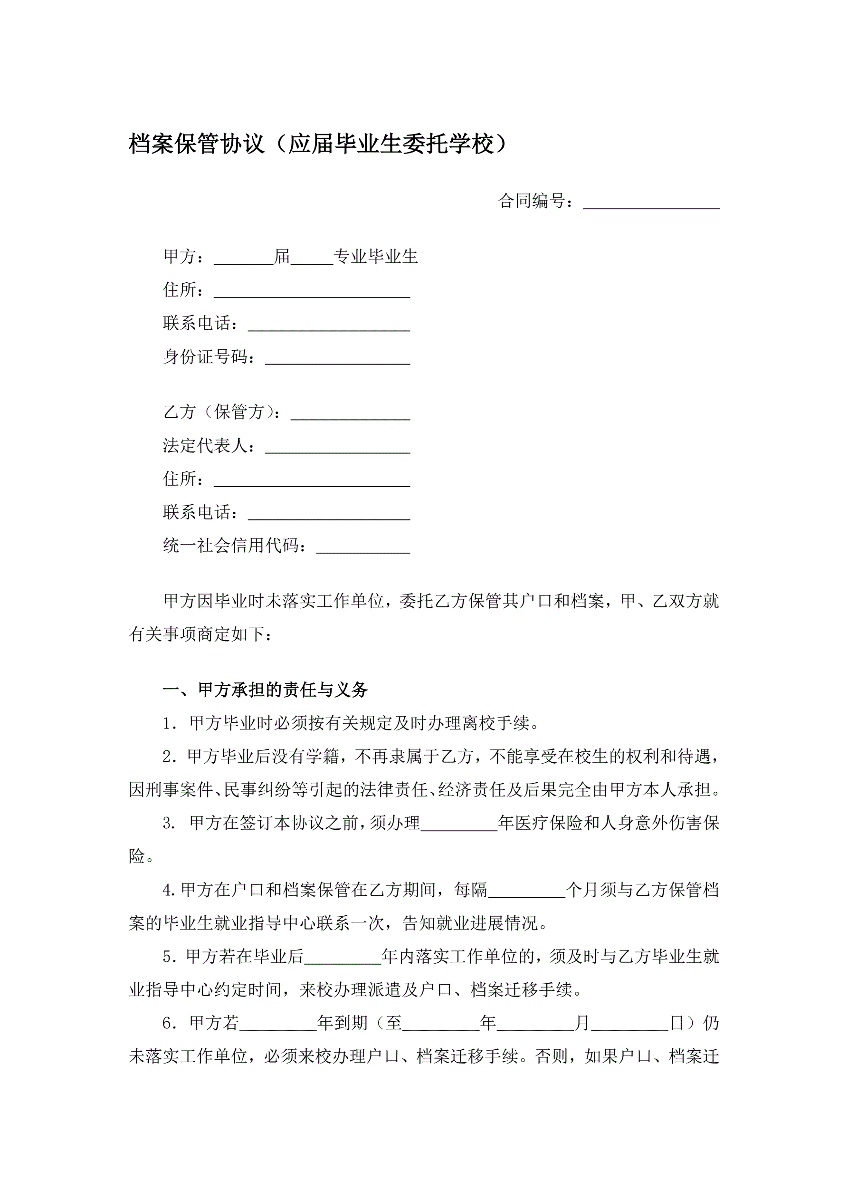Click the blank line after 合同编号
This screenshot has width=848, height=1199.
tap(651, 202)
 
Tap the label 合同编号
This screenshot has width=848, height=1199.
tap(532, 201)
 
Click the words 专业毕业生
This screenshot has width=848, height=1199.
tap(375, 257)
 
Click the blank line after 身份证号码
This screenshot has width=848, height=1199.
tap(337, 358)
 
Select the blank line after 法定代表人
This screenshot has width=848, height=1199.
tap(337, 447)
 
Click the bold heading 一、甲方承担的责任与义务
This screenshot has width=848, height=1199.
tap(265, 690)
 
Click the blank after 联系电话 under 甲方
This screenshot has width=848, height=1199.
tap(329, 325)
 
